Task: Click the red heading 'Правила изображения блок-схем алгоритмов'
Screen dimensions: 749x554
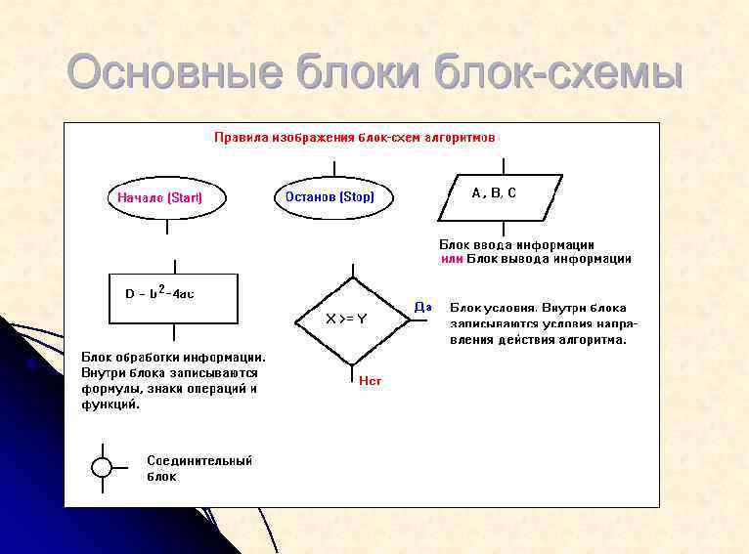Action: tap(355, 138)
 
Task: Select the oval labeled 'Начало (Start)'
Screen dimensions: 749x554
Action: tap(167, 197)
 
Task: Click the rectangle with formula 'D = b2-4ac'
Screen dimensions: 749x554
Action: tap(174, 299)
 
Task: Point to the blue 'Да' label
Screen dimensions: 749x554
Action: tap(422, 307)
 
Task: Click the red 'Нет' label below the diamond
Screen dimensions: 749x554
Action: tap(370, 381)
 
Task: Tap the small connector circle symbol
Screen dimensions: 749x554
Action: tap(102, 467)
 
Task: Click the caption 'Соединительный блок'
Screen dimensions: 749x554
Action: tap(199, 468)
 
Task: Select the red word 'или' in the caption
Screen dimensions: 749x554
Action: tap(451, 259)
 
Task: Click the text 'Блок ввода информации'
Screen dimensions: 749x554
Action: tap(516, 244)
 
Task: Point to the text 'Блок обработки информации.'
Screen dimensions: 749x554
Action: tap(173, 357)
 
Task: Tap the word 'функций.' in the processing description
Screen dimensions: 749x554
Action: tap(110, 404)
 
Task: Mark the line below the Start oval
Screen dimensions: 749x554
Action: tap(167, 226)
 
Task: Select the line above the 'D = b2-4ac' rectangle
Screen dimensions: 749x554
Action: tap(174, 267)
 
